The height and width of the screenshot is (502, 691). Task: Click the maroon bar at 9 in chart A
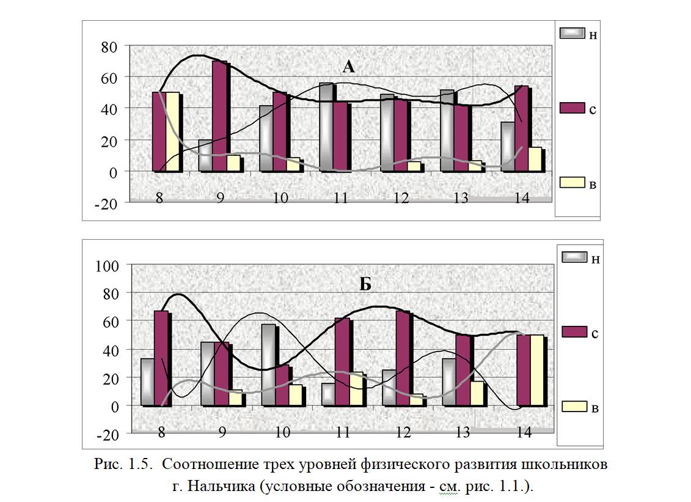219,116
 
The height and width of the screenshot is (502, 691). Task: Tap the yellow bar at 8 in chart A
172,131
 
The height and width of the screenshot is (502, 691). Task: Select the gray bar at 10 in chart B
268,364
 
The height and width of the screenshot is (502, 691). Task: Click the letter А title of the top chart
348,67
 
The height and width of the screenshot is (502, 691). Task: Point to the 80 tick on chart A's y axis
109,45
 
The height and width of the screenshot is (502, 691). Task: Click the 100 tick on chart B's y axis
107,265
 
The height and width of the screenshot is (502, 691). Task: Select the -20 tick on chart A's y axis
107,204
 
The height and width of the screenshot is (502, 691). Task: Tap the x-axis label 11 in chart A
341,197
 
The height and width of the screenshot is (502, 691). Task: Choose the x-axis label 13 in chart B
462,432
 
